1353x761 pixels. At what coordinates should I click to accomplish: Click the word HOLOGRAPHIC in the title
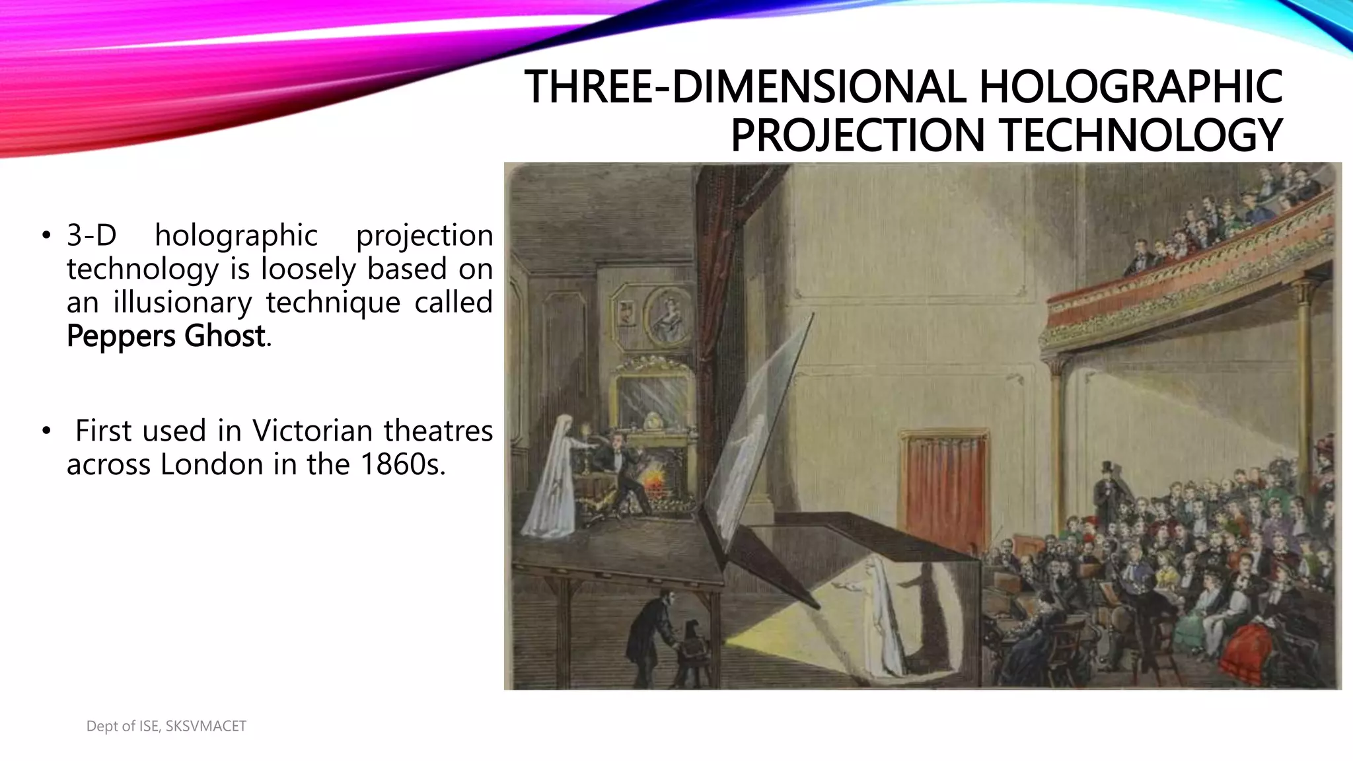[1130, 87]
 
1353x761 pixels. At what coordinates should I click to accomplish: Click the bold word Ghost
[225, 336]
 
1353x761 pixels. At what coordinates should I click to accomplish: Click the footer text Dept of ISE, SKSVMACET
[166, 726]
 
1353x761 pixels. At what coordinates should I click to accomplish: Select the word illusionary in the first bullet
[182, 303]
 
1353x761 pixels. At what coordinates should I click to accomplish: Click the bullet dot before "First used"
[46, 432]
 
